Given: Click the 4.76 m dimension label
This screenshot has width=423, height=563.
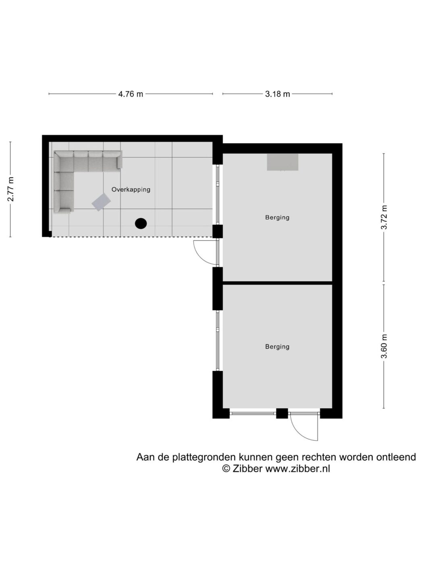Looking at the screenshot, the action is [131, 94].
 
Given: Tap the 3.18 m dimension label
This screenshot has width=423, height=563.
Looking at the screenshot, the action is [278, 94].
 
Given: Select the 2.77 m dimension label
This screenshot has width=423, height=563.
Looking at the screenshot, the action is [10, 189].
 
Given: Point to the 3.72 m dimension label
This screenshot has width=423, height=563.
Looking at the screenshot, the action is [384, 217].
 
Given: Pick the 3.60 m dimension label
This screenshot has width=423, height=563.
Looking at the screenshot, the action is [384, 346].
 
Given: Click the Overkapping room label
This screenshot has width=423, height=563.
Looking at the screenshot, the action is [131, 189].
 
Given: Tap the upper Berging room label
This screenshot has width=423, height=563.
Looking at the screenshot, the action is [277, 218].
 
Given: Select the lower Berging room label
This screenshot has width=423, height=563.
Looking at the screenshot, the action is [277, 347].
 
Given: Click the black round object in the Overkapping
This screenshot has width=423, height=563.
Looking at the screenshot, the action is [141, 224].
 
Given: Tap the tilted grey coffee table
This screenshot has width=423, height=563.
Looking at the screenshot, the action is [101, 202].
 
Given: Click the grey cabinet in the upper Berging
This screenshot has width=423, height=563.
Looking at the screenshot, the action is [282, 162].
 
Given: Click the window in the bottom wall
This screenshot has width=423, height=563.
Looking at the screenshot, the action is [253, 413].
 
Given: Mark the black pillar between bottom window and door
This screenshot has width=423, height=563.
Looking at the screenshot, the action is [282, 413].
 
